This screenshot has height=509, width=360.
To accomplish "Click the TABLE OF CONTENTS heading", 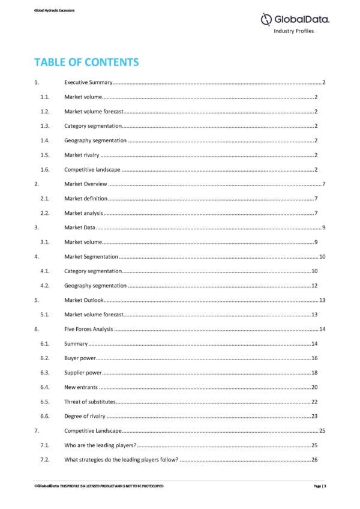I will [86, 62].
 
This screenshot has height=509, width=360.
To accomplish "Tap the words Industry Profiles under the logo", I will [294, 31].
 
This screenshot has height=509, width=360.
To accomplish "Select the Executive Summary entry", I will [88, 82].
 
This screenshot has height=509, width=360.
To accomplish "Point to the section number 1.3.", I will [44, 126].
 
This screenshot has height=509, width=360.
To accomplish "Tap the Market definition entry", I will [86, 199].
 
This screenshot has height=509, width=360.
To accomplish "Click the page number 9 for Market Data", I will [323, 228].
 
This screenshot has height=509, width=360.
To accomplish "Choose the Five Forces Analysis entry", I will [88, 330].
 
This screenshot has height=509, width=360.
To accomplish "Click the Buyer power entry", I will [80, 358].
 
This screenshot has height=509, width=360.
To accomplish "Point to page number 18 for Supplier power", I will [314, 373].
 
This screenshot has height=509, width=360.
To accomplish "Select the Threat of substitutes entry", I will [89, 402].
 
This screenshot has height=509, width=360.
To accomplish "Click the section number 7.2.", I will [44, 460].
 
